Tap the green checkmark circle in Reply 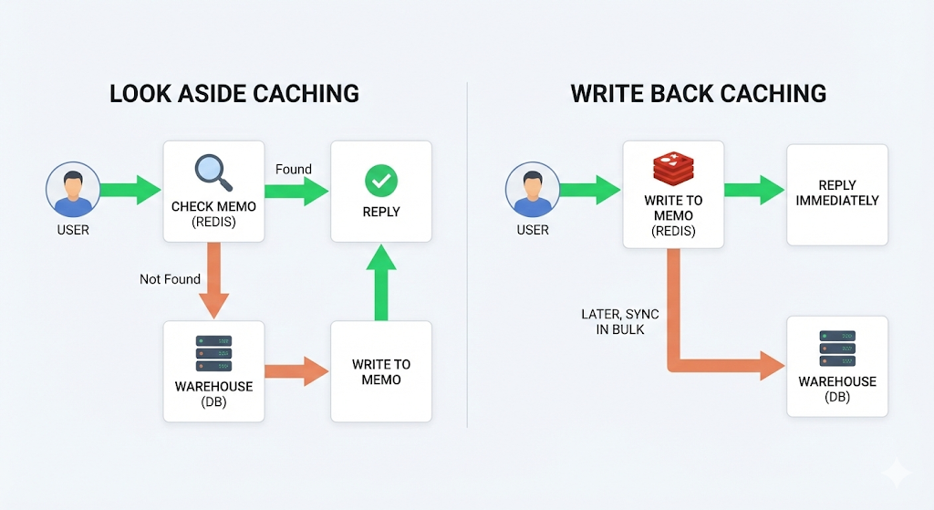(380, 180)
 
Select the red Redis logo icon (672, 171)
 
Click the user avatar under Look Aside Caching (72, 191)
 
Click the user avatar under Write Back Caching (532, 191)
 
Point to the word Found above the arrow (294, 169)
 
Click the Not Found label (171, 279)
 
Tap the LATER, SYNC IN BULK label (620, 321)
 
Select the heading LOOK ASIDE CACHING (233, 93)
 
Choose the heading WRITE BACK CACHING (699, 93)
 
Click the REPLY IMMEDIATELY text (837, 193)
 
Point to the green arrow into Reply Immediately (753, 191)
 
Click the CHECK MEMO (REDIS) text (213, 213)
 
